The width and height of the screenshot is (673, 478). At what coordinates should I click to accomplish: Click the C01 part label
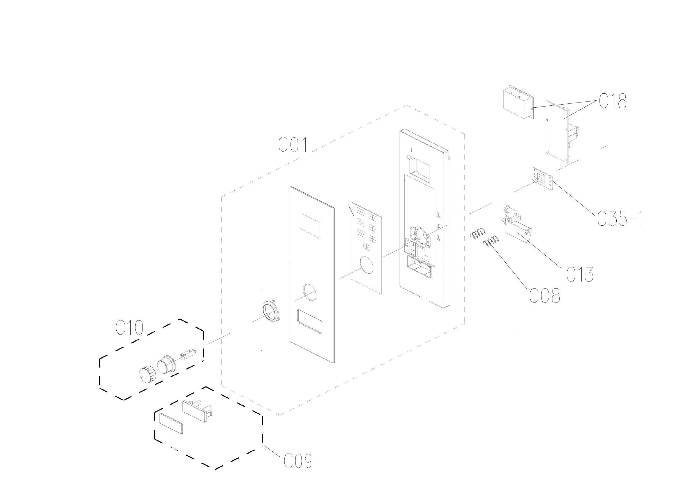click(x=293, y=145)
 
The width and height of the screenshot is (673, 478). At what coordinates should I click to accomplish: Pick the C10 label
click(x=129, y=328)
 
